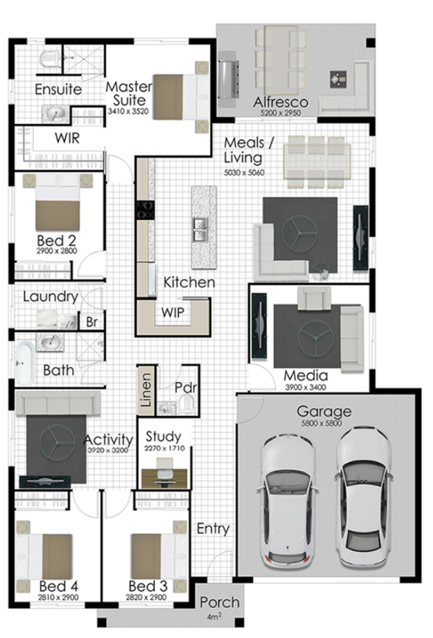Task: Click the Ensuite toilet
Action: click(x=50, y=59)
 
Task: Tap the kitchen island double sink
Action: click(x=200, y=230)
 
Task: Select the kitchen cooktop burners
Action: click(x=146, y=210)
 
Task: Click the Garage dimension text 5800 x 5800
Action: click(x=321, y=423)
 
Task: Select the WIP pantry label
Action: click(x=173, y=313)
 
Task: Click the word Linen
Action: click(x=146, y=390)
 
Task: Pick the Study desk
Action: click(x=164, y=478)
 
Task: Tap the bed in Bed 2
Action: click(x=58, y=202)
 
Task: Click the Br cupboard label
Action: click(x=92, y=322)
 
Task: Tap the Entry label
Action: click(x=213, y=529)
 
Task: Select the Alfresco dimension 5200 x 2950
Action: click(x=281, y=113)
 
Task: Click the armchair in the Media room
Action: click(x=314, y=298)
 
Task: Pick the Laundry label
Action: click(x=51, y=297)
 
